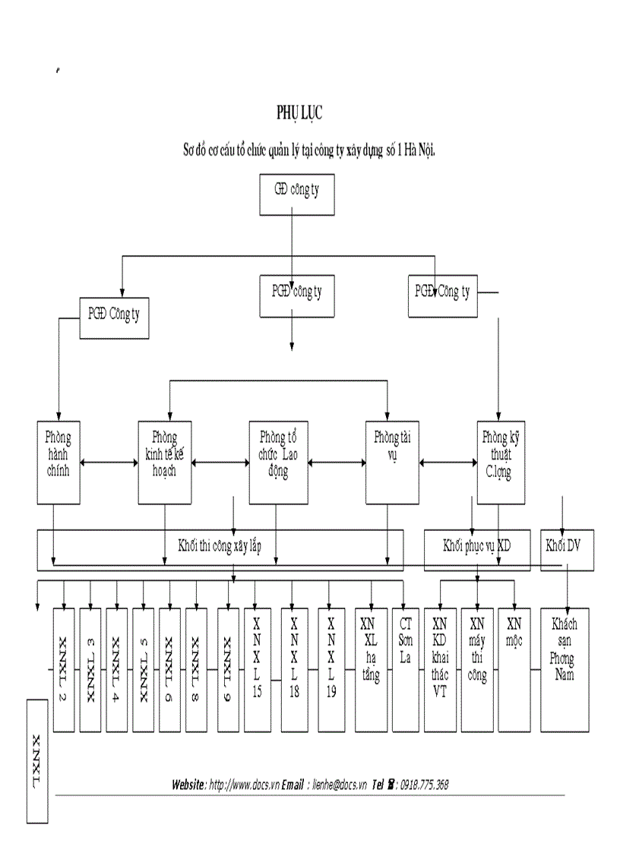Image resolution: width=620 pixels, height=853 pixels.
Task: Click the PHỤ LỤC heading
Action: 299,113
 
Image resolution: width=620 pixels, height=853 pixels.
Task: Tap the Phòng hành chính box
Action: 59,462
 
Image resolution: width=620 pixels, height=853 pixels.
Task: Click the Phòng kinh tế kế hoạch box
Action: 165,462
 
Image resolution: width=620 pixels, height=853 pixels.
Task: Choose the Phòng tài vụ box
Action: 393,462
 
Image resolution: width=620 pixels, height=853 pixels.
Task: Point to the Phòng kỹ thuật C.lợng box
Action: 501,462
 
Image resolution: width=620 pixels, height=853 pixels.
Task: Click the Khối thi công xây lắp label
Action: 220,547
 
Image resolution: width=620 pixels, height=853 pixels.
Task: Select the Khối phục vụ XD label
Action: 477,547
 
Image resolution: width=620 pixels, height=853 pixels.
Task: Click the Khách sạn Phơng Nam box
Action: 564,668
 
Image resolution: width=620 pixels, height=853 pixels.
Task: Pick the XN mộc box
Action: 514,668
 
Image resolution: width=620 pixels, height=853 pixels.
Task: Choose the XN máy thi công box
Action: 477,668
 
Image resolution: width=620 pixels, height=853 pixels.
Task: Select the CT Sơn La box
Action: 405,668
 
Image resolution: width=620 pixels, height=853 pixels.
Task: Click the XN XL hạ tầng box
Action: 370,668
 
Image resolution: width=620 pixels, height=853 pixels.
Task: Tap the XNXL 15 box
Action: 257,668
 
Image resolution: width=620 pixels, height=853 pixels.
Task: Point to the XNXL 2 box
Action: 64,668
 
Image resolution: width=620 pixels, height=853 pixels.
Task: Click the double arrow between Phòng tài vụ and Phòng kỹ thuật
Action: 448,461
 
